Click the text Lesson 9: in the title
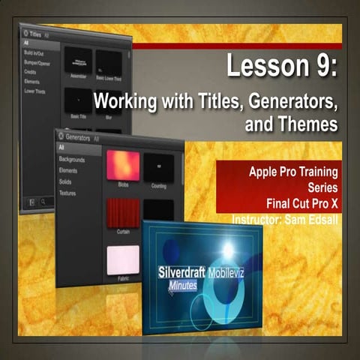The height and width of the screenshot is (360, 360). pos(282,70)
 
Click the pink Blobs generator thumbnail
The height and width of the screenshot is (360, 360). pos(122,166)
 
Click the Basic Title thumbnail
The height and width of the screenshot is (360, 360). pos(78,99)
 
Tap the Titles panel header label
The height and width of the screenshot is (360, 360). pos(37,34)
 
